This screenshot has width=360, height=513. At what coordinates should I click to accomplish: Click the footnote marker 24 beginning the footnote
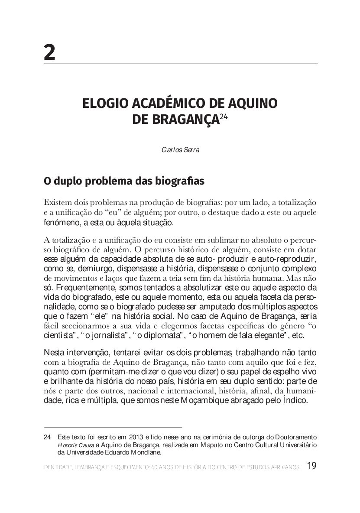click(48, 436)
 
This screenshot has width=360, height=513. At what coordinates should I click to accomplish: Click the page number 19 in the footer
click(312, 467)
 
